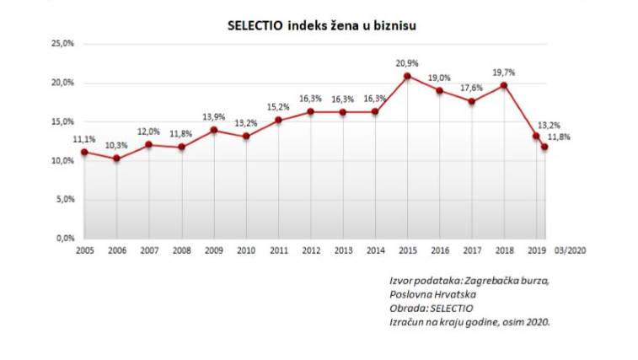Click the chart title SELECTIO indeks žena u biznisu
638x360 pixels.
[322, 25]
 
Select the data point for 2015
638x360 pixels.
[407, 76]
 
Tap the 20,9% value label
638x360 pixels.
[407, 63]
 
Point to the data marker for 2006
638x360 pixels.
[116, 159]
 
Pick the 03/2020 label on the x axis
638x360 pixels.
[570, 251]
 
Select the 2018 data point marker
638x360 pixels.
[503, 85]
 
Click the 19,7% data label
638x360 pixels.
[504, 73]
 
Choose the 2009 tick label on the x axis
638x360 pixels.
[213, 251]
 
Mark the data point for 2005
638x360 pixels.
[84, 152]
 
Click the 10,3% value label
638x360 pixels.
[116, 146]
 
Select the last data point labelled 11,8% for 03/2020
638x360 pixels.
[545, 147]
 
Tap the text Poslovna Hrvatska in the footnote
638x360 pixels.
[432, 294]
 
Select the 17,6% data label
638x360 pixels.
[472, 88]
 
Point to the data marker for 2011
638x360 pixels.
[278, 120]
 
